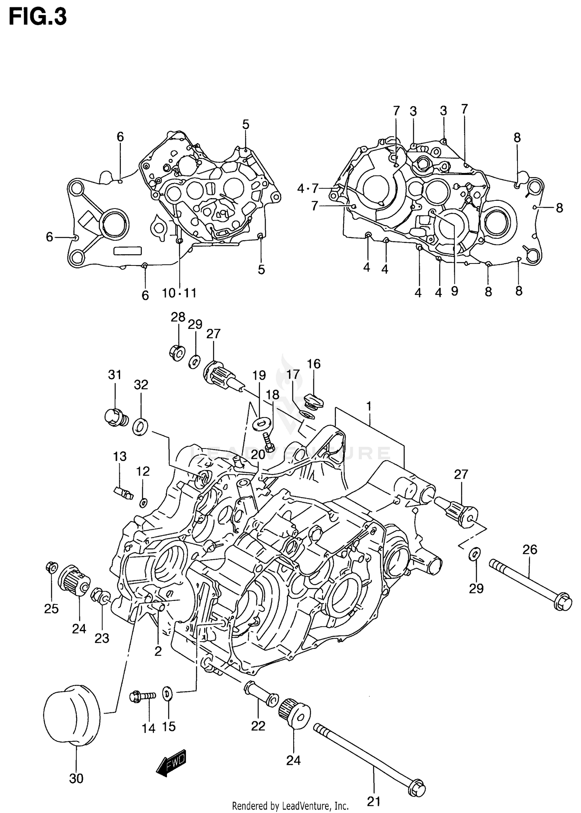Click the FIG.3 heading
tap(38, 17)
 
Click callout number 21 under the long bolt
tap(373, 801)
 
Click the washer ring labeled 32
tap(140, 426)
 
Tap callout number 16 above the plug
tap(314, 364)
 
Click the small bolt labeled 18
tap(268, 442)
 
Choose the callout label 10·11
tap(179, 293)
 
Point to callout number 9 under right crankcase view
tap(454, 291)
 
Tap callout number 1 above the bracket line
tap(369, 406)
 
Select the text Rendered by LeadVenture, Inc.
tap(290, 806)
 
